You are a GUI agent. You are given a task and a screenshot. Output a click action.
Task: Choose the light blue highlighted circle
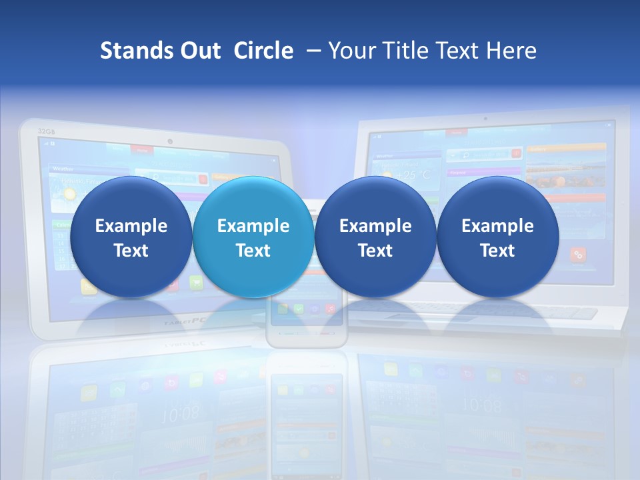click(x=253, y=237)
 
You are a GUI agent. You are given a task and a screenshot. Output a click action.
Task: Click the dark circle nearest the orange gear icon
click(x=497, y=237)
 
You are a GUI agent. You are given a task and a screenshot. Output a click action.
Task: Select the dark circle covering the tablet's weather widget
click(x=131, y=237)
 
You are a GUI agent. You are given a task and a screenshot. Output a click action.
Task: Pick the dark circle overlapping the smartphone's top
click(x=375, y=237)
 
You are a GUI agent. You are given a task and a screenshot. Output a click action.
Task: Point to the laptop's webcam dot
click(x=485, y=119)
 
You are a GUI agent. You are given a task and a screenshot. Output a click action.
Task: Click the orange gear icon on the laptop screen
click(x=578, y=254)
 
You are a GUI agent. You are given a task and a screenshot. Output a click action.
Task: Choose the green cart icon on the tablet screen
click(x=196, y=283)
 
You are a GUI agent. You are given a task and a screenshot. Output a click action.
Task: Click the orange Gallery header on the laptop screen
click(x=566, y=148)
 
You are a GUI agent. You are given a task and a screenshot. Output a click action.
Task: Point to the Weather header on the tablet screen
click(x=63, y=169)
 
